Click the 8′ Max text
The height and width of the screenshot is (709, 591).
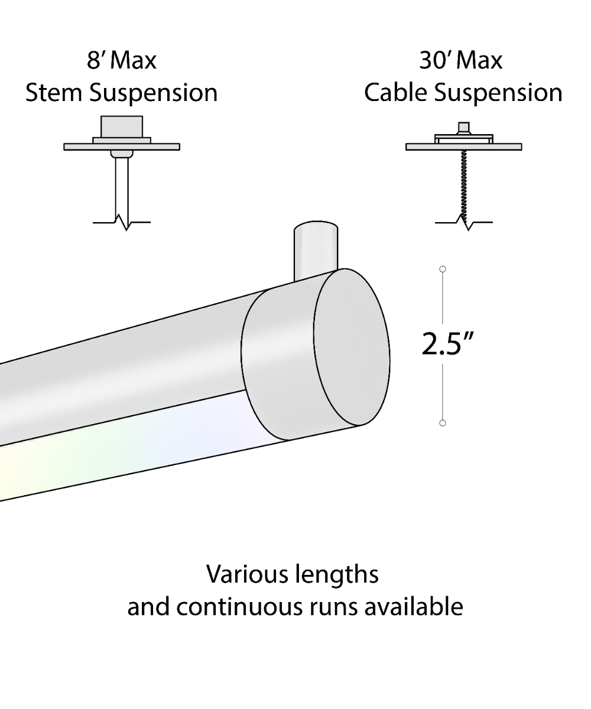(122, 61)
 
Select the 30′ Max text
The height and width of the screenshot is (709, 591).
(461, 61)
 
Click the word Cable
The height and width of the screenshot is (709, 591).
(395, 93)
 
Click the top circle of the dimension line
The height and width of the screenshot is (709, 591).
(443, 269)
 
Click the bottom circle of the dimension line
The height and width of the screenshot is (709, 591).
(443, 423)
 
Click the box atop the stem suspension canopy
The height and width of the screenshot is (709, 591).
(122, 126)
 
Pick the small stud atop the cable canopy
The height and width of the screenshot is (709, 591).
(464, 128)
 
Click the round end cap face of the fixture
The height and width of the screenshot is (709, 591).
(352, 347)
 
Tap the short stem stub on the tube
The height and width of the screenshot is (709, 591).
(316, 249)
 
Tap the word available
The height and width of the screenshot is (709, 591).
(413, 607)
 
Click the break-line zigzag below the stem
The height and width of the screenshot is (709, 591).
(124, 223)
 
